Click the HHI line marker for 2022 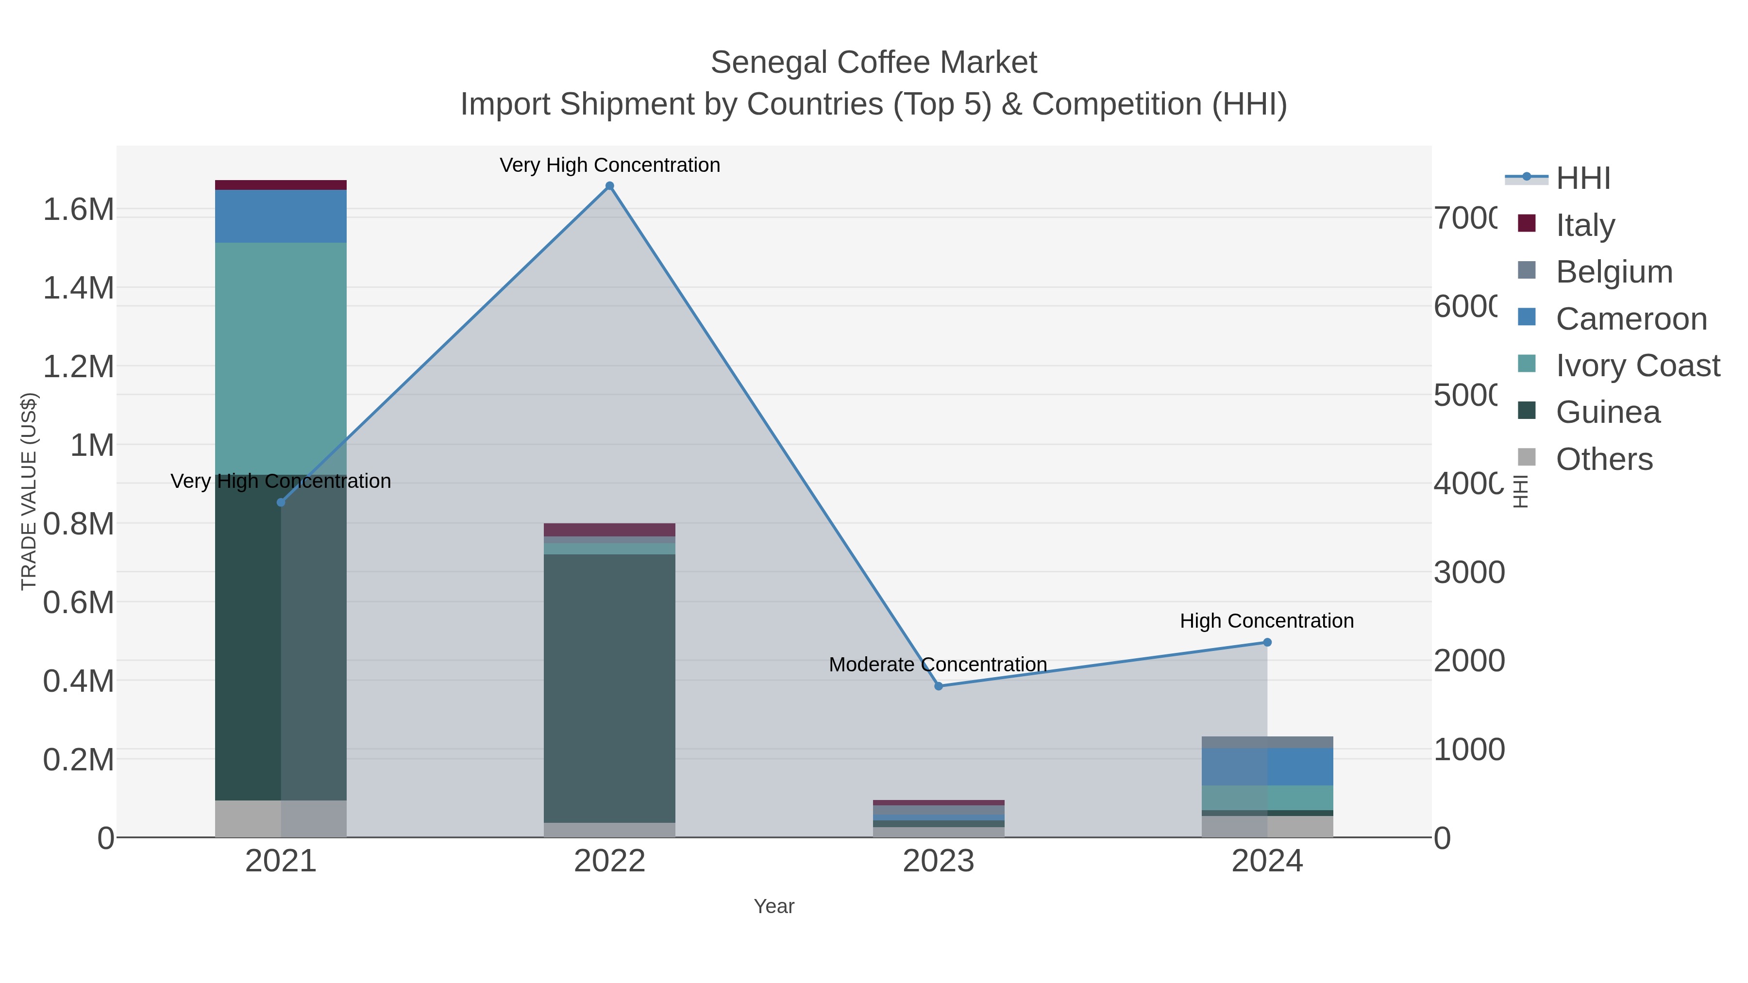(609, 186)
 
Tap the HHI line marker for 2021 (281, 502)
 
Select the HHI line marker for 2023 (939, 686)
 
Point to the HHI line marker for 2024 (1267, 642)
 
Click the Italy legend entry (1585, 225)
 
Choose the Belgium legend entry (1614, 271)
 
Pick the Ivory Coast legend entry (1637, 365)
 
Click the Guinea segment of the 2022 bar (609, 688)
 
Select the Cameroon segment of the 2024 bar (1267, 766)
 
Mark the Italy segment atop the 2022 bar (609, 530)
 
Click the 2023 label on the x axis (939, 862)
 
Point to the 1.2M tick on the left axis (78, 367)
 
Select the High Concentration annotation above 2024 (1267, 621)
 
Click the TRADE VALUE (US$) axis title (29, 491)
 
